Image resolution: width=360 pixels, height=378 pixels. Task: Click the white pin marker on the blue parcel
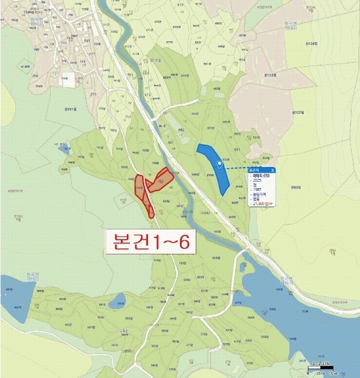[x=219, y=164]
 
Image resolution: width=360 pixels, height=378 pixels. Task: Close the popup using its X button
[x=273, y=169]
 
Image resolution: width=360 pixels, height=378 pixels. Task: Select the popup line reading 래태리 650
[x=261, y=176]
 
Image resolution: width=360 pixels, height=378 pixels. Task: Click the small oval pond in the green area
[x=118, y=304]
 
